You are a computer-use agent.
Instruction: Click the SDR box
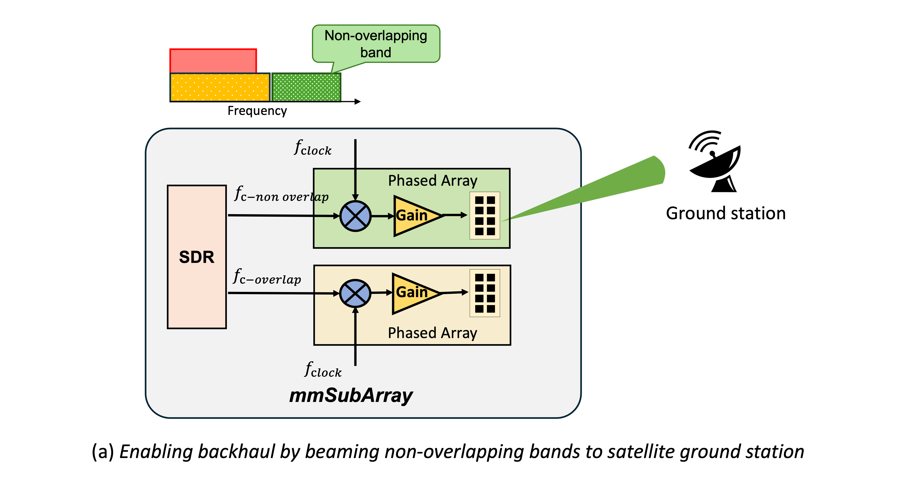(197, 257)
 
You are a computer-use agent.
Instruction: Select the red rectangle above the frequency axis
(213, 61)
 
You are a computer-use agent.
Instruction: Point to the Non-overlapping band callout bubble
(376, 44)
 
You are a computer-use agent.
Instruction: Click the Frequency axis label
(257, 111)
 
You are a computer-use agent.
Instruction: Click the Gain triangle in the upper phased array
(413, 216)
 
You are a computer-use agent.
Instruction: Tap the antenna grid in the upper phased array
(485, 215)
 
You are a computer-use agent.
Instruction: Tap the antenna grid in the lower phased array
(485, 293)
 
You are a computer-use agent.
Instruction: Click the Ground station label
(725, 213)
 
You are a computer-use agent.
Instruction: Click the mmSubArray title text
(351, 395)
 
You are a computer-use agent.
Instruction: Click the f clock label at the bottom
(323, 370)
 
